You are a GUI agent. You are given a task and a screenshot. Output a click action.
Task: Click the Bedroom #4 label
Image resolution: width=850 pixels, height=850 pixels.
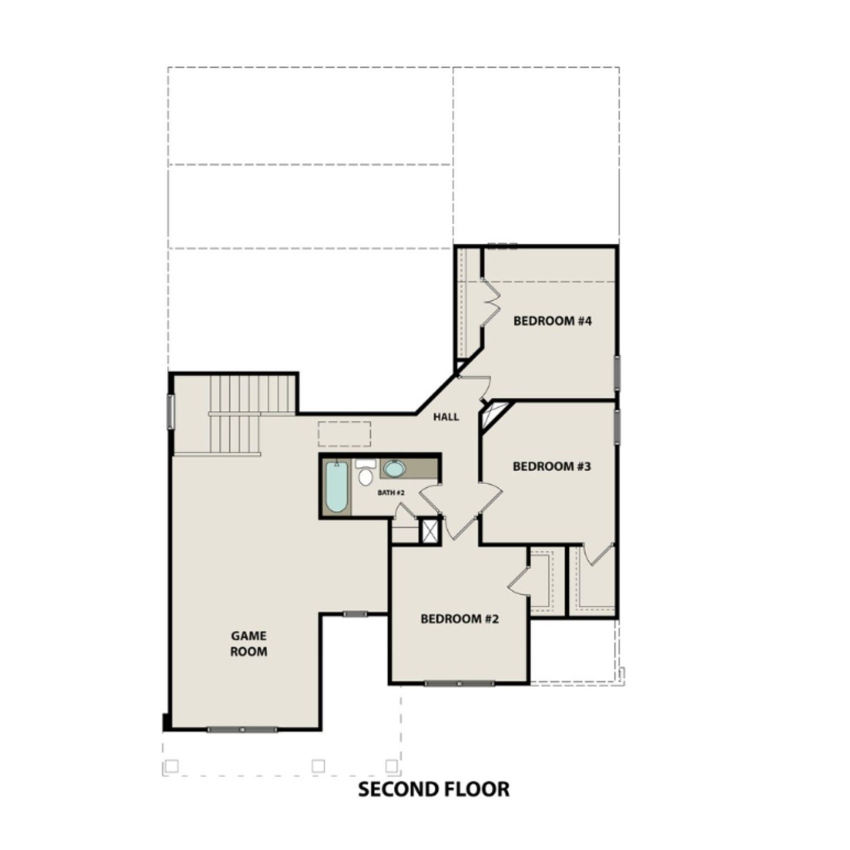[552, 321]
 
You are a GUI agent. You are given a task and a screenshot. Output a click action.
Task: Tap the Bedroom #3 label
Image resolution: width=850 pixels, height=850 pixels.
[551, 466]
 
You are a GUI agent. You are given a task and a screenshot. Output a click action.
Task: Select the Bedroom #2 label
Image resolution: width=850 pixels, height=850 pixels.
[460, 619]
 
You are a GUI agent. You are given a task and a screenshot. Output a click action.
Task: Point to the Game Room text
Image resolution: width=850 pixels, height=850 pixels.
[248, 644]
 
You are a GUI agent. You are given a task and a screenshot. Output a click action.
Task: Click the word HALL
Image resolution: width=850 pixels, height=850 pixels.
[446, 417]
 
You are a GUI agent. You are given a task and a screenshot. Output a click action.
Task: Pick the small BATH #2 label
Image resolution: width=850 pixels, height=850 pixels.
[391, 493]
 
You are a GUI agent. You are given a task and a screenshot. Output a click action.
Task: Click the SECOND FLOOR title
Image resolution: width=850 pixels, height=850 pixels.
[433, 789]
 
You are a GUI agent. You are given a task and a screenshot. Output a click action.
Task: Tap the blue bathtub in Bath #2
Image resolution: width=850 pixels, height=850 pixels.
[336, 487]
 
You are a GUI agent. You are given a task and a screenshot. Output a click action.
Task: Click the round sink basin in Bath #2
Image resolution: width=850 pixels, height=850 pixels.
[393, 469]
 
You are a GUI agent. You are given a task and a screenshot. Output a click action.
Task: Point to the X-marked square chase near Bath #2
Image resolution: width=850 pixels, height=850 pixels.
[430, 532]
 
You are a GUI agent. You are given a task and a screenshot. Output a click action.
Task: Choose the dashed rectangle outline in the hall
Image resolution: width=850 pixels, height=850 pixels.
[344, 433]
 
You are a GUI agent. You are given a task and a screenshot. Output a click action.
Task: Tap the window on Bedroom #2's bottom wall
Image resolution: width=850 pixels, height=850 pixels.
[459, 683]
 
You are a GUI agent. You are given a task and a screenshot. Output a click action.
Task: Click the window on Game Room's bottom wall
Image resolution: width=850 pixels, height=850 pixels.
[243, 730]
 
